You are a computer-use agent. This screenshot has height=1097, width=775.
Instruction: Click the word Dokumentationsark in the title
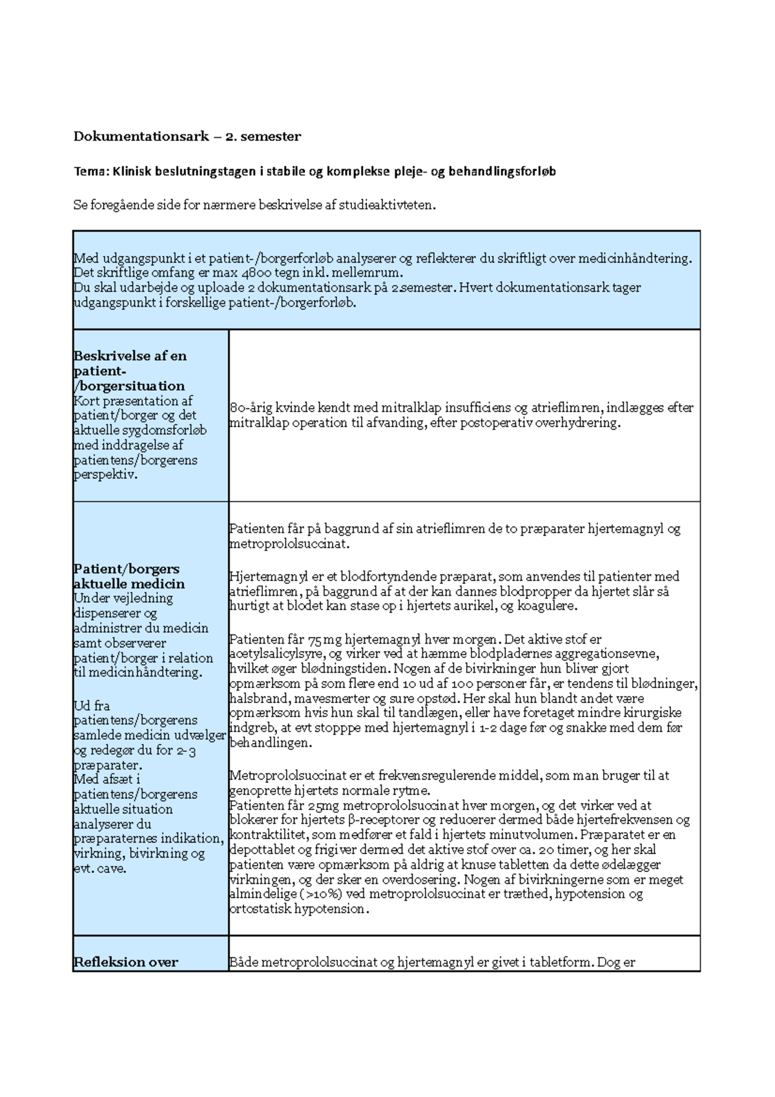point(141,136)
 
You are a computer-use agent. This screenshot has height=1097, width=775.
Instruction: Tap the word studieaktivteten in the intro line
point(391,205)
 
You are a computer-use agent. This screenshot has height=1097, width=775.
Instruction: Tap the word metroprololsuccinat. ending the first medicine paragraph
point(289,544)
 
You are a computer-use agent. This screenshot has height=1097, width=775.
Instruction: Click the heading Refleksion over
point(125,963)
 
